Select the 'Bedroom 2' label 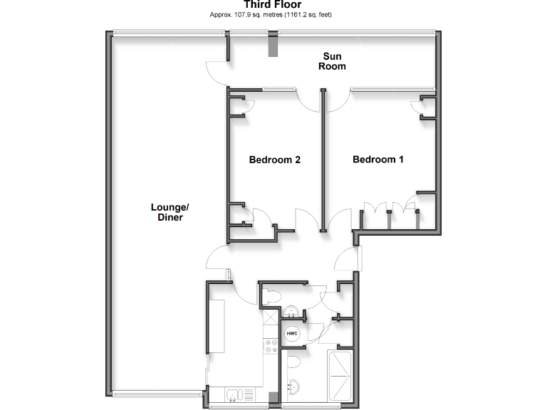point(274,159)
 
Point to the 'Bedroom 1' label point(378,159)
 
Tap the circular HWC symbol point(291,333)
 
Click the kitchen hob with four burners point(271,347)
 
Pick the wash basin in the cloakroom point(291,312)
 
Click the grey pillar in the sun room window point(272,46)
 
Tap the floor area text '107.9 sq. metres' point(248,15)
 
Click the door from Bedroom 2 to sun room point(308,100)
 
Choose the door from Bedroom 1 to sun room point(335,100)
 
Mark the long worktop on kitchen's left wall point(216,327)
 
